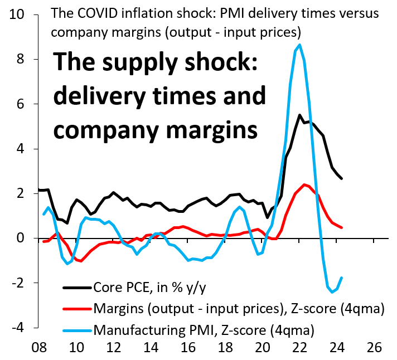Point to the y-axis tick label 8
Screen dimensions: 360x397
22,59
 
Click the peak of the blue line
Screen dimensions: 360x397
300,45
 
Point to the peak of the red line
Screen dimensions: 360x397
304,184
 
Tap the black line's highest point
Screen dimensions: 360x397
300,115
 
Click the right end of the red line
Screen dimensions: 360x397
341,227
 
